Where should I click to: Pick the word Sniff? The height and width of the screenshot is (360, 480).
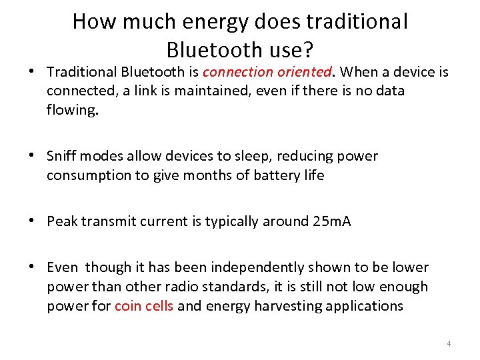click(x=62, y=157)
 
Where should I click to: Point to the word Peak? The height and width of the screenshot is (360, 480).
click(x=62, y=221)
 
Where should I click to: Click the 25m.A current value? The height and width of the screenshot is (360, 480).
click(x=331, y=221)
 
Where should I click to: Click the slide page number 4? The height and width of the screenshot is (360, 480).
click(x=449, y=344)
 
